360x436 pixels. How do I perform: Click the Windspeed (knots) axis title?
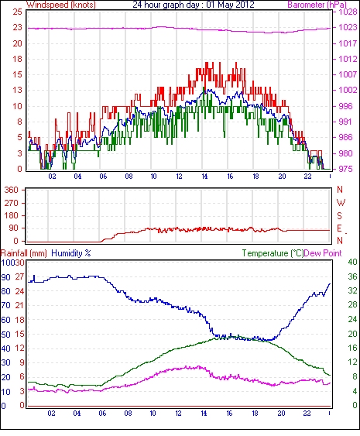tap(61, 5)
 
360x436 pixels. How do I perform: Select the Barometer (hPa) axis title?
tap(317, 5)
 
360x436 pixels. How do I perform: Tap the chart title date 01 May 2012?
tap(230, 5)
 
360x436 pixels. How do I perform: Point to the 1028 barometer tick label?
tap(348, 12)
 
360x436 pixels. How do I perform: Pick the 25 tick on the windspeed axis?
tap(17, 12)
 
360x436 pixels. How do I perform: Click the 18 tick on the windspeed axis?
tap(17, 59)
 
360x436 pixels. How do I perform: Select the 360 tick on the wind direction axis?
tap(12, 191)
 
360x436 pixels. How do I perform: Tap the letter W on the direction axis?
tap(341, 203)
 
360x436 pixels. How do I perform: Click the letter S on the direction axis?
tap(339, 215)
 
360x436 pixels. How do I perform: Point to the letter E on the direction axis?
tap(339, 228)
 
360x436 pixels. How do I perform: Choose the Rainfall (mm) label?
tap(24, 253)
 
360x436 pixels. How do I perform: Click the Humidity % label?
tap(71, 253)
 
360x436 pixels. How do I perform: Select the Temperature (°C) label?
tap(273, 253)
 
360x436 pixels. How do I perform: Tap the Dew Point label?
tap(323, 253)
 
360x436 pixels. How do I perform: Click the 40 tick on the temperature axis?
tap(352, 263)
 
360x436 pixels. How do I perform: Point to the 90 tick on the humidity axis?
tap(5, 277)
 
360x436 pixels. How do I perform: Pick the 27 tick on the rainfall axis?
tap(19, 276)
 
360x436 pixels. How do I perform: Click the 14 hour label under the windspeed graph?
tap(204, 177)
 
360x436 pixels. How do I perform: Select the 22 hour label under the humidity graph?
tap(307, 414)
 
